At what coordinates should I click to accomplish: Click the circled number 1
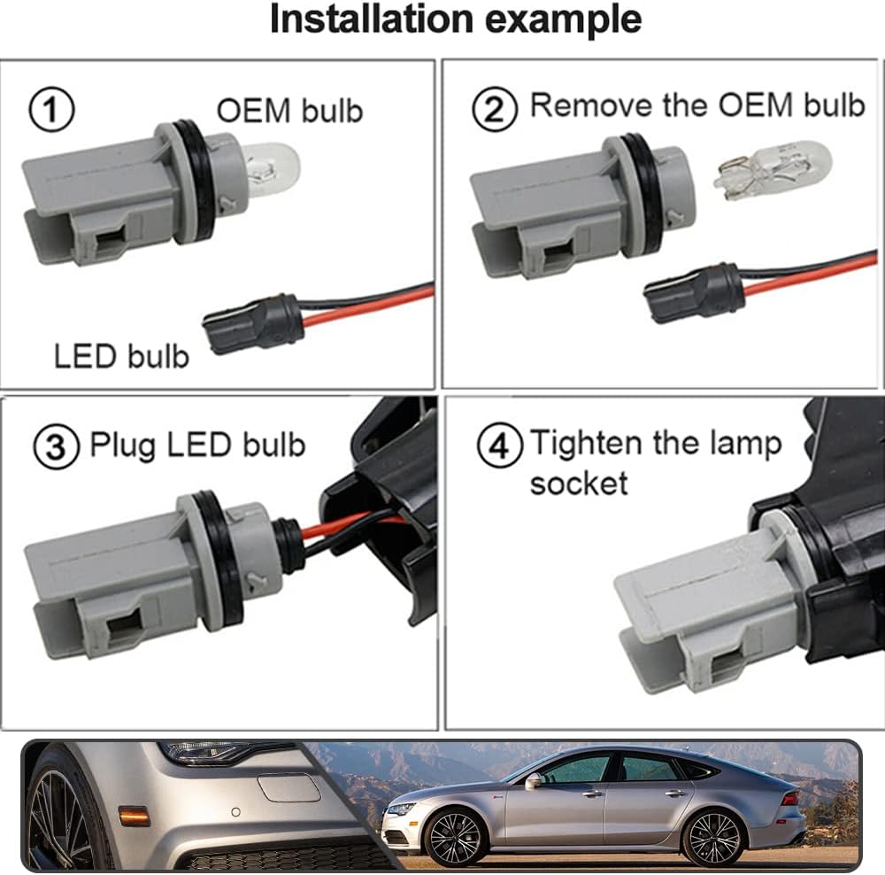click(52, 111)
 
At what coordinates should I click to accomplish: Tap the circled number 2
click(495, 110)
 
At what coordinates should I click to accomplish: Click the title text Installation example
click(455, 19)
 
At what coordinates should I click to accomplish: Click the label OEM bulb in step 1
click(289, 111)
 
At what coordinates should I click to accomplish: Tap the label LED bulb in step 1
click(121, 356)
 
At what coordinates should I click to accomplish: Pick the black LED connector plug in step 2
click(695, 291)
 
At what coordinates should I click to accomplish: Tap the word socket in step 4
click(579, 484)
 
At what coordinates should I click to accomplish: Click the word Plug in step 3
click(121, 445)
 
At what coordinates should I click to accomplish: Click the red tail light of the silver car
click(790, 798)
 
